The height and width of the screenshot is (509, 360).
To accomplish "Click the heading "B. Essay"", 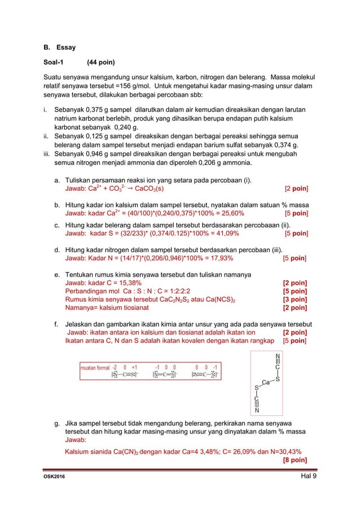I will [x=59, y=47].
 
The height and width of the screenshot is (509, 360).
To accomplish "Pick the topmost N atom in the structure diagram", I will [x=276, y=357].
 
